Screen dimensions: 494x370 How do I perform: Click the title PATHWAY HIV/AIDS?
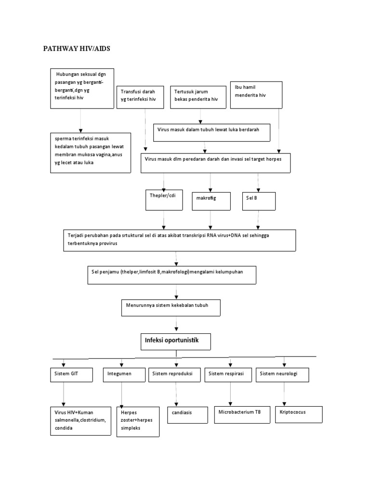pyautogui.click(x=77, y=49)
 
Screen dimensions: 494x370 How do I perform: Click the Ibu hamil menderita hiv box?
pyautogui.click(x=256, y=95)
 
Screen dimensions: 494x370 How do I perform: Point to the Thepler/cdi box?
pyautogui.click(x=164, y=200)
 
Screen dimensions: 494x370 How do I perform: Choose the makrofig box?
pyautogui.click(x=210, y=200)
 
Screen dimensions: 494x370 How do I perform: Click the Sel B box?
pyautogui.click(x=259, y=200)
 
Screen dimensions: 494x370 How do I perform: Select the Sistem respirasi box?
pyautogui.click(x=228, y=375)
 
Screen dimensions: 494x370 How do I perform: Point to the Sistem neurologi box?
pyautogui.click(x=283, y=375)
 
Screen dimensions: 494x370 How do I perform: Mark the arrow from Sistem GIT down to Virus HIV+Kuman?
pyautogui.click(x=64, y=395)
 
